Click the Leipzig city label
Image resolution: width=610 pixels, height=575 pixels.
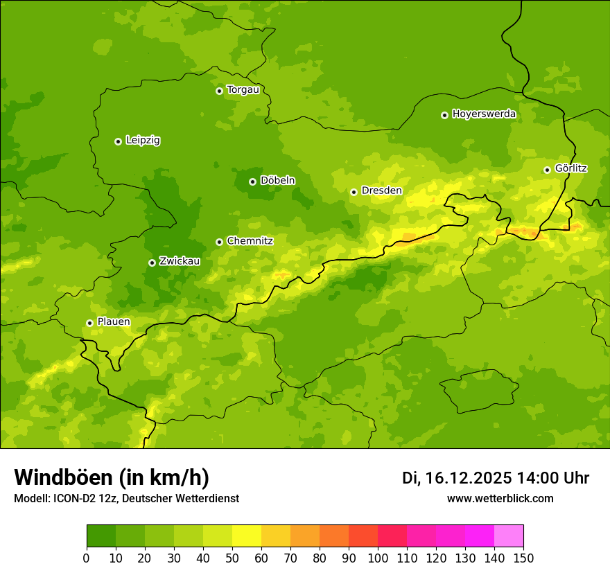pos(143,141)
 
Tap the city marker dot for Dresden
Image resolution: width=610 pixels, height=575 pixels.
pos(354,192)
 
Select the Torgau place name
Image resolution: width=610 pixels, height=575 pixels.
pos(243,90)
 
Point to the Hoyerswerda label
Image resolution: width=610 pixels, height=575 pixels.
pos(484,114)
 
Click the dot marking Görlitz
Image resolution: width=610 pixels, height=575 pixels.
pos(547,170)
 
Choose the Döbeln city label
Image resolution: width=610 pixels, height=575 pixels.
pos(277,181)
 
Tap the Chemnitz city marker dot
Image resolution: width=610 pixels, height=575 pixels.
pos(219,242)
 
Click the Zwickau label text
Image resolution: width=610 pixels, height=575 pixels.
pos(180,261)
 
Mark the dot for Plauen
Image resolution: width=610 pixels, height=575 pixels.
pos(89,323)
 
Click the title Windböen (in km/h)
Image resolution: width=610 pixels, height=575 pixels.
pos(112,477)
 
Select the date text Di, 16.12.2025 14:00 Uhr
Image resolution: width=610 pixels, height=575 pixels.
pos(496,478)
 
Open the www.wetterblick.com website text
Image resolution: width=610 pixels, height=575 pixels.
pos(500,498)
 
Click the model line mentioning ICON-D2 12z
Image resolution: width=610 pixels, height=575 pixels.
pos(126,498)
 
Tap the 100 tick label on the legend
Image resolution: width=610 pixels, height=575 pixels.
pos(378,558)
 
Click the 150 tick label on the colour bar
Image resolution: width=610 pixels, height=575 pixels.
pos(523,558)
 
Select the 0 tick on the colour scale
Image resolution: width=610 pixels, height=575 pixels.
pos(87,558)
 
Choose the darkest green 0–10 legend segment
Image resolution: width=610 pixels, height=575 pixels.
pos(101,536)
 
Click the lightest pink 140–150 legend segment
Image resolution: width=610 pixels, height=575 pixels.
pos(509,536)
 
